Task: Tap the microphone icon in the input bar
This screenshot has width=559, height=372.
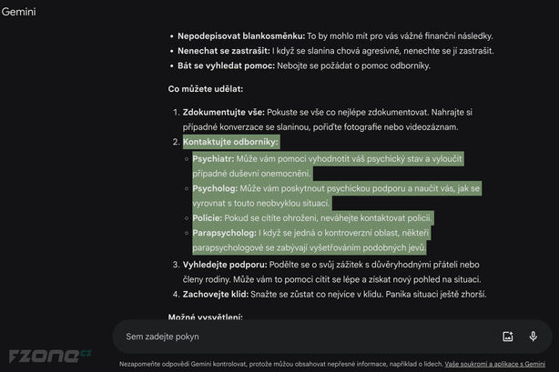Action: tap(533, 337)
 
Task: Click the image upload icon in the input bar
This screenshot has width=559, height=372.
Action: tap(508, 337)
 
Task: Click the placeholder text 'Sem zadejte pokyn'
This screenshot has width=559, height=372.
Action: tap(162, 337)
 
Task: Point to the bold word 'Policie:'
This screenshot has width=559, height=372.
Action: tap(208, 218)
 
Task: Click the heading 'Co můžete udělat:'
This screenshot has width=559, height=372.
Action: tap(205, 89)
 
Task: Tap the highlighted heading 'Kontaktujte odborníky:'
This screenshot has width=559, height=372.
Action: tap(230, 143)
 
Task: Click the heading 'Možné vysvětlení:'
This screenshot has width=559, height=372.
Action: tap(205, 317)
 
